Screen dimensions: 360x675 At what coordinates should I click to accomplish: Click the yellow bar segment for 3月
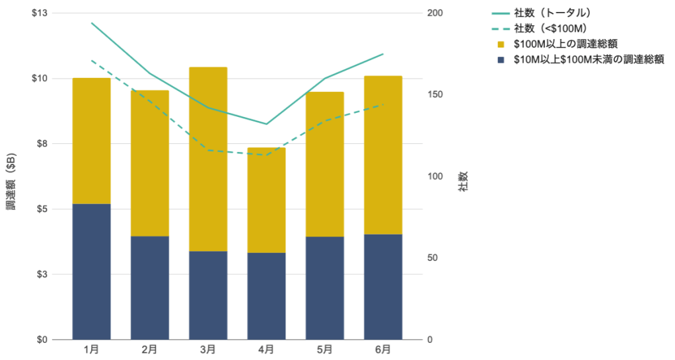tap(208, 159)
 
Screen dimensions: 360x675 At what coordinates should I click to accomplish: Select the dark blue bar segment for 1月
tap(91, 271)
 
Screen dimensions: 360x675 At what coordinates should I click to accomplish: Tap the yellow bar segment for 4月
tap(266, 199)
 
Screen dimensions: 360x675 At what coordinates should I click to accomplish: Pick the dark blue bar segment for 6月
tap(383, 287)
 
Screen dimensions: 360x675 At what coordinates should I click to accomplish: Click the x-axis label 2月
tap(149, 349)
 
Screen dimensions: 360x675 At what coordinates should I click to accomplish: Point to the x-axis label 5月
tap(324, 349)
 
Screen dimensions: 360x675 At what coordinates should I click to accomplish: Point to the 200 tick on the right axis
tap(435, 13)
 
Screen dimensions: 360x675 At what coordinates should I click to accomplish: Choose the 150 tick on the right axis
tap(435, 95)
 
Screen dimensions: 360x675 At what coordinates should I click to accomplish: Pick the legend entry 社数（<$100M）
tap(550, 28)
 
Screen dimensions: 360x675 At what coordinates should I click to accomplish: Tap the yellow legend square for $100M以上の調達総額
tap(500, 44)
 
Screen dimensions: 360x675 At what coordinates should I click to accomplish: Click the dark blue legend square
tap(500, 59)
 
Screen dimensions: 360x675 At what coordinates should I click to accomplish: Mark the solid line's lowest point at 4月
tap(266, 124)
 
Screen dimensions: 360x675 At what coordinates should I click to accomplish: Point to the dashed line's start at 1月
tap(91, 60)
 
